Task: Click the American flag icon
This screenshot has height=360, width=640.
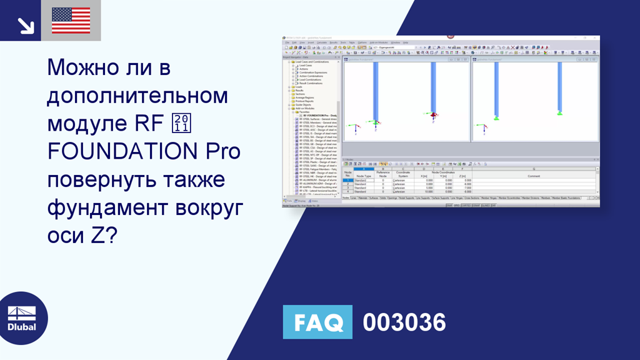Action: tap(71, 20)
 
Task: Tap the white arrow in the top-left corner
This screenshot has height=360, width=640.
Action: tap(26, 24)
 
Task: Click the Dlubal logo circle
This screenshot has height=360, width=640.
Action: tap(22, 318)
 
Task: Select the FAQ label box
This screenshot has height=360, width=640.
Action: tap(317, 322)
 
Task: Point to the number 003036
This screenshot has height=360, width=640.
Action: tap(404, 322)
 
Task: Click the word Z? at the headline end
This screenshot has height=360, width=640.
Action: tap(104, 235)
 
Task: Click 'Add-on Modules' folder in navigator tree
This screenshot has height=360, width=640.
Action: tap(306, 107)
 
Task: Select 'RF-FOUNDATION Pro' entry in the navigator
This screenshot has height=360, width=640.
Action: tap(319, 116)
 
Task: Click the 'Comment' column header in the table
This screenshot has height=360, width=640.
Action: tap(533, 176)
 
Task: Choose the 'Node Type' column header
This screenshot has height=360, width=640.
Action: tap(363, 176)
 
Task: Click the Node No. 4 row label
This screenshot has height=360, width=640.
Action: tap(347, 191)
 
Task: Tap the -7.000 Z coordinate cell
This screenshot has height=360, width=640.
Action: tap(462, 187)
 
